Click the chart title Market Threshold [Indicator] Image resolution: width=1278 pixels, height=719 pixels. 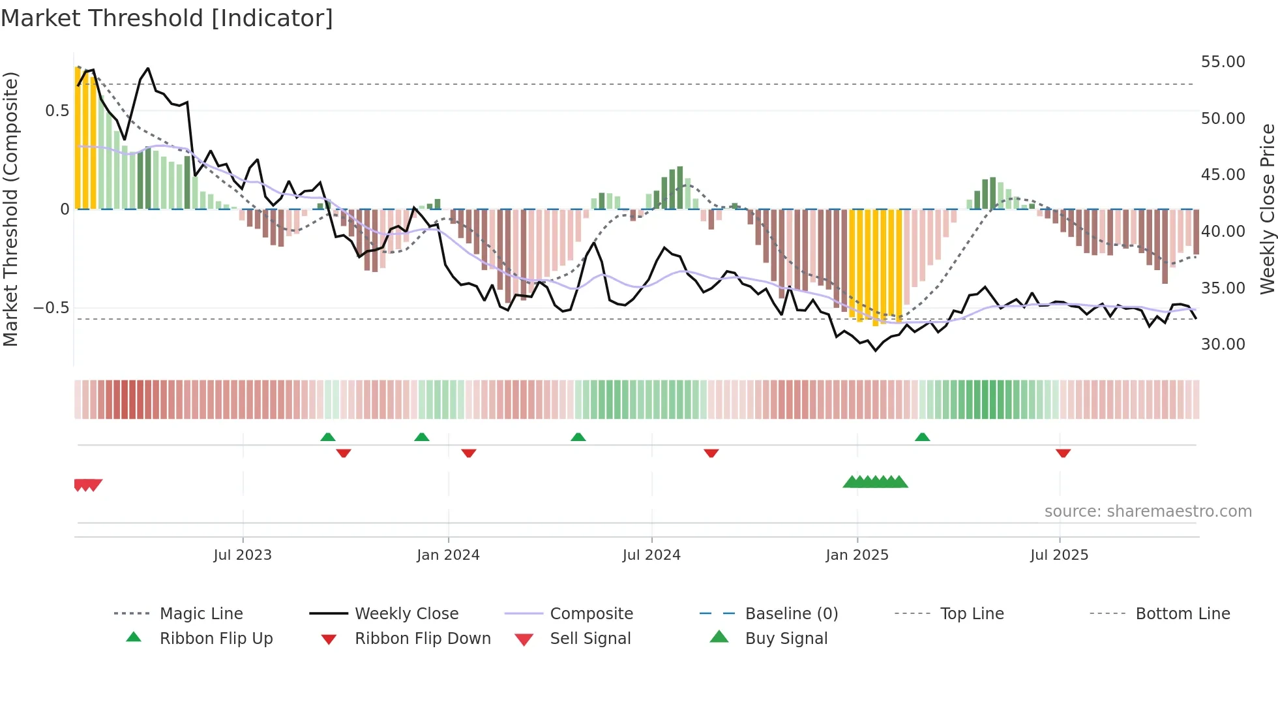tap(167, 18)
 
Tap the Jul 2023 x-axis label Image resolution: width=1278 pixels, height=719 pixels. tap(243, 555)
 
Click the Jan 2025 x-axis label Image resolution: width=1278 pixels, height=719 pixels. tap(857, 555)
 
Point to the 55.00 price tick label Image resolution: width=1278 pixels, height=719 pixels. tap(1223, 62)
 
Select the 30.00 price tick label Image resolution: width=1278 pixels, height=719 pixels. tap(1223, 344)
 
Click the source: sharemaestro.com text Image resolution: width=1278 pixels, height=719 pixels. tap(1148, 512)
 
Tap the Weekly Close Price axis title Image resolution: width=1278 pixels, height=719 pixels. tap(1267, 209)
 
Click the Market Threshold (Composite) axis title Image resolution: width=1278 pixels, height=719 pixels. tap(10, 209)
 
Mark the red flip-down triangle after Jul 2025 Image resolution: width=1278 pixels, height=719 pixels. tap(1063, 453)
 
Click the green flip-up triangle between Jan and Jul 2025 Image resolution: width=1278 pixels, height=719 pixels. tap(922, 437)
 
